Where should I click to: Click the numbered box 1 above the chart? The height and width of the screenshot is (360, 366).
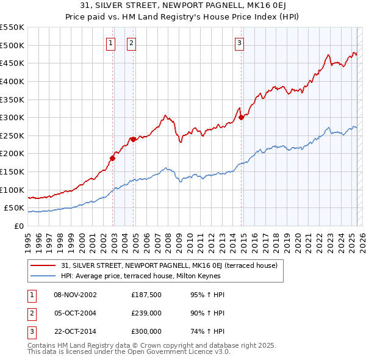110,43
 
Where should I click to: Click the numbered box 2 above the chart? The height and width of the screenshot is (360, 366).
131,43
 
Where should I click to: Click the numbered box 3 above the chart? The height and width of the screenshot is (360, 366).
240,43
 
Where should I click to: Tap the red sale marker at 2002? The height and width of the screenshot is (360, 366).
112,158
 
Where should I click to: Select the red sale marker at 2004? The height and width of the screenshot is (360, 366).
132,139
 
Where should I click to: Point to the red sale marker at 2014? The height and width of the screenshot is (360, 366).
241,117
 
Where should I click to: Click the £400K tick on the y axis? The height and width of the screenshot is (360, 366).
12,81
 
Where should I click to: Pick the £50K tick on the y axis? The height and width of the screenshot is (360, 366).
15,208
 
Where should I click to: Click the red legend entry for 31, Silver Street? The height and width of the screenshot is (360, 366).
169,265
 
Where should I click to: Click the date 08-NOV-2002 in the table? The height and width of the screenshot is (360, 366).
75,295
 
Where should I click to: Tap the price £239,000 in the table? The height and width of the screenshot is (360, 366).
146,313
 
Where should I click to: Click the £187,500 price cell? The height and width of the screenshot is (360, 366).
146,295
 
